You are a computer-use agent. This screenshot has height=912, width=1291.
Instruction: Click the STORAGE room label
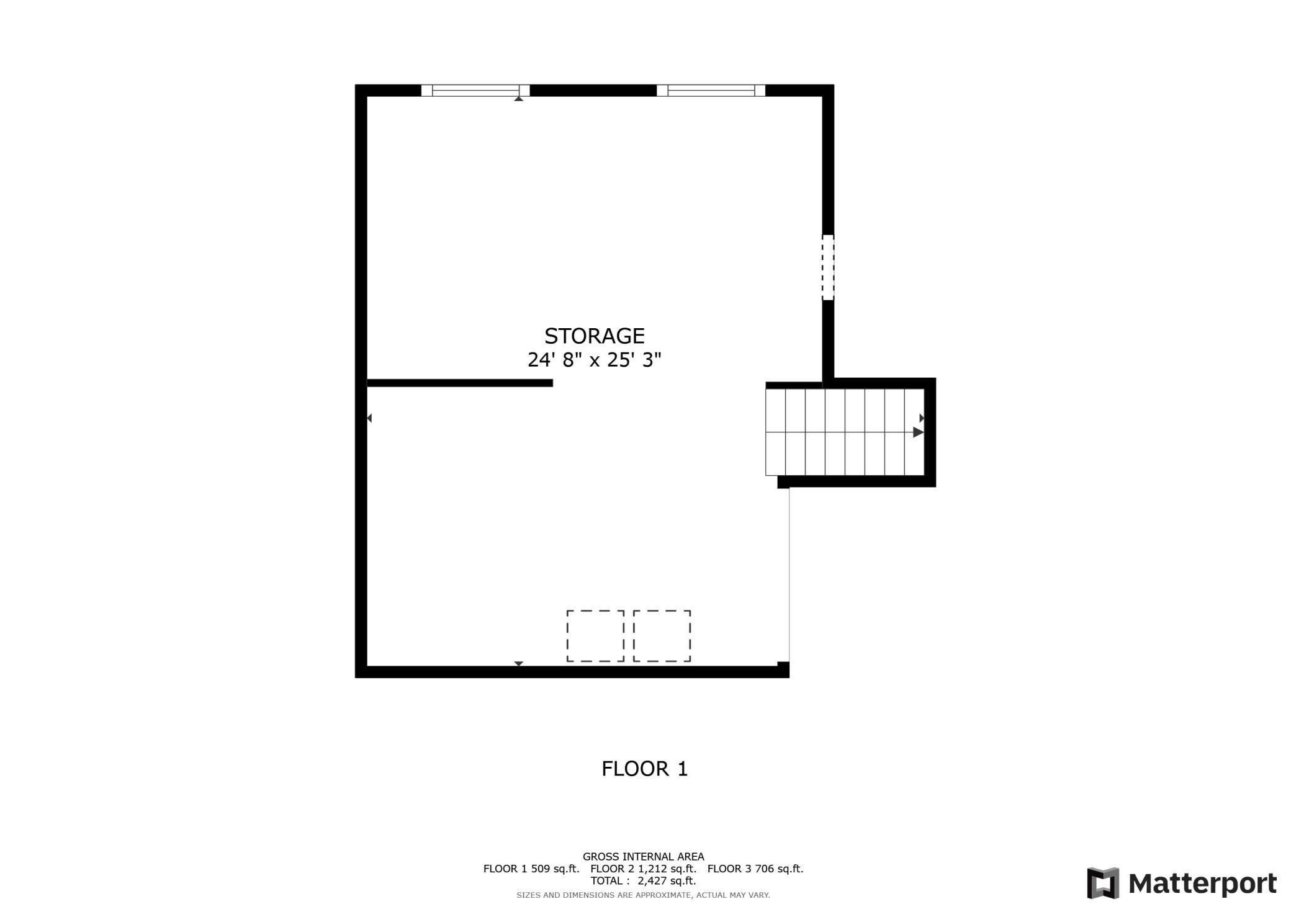pos(594,336)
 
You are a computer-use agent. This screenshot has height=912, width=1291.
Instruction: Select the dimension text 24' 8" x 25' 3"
pos(594,360)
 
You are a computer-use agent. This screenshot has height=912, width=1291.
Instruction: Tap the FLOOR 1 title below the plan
pos(644,769)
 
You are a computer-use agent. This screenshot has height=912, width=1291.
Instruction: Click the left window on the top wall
pos(475,91)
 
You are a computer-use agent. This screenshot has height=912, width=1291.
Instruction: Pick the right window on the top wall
pos(711,91)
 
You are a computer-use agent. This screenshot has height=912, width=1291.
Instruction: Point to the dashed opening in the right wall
pos(828,267)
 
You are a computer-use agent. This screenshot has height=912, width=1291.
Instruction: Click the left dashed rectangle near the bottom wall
pos(595,636)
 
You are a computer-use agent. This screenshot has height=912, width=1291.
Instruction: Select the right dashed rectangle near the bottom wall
pos(662,636)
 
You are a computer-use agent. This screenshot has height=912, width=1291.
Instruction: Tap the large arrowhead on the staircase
pos(918,432)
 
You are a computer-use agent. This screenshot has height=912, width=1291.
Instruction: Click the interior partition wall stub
pos(459,383)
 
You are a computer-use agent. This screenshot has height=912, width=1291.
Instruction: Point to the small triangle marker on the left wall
pos(369,418)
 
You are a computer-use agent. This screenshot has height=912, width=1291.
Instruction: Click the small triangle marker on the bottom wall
pos(518,663)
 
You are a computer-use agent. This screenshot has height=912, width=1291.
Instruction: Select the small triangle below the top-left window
pos(518,99)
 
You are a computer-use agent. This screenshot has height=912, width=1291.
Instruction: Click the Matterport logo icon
pos(1103,882)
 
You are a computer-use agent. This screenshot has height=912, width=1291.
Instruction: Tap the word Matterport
pos(1202,883)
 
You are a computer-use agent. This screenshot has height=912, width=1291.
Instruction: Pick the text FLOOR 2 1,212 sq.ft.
pos(643,869)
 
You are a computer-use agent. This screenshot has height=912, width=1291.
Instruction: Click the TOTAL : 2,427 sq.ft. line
pos(643,880)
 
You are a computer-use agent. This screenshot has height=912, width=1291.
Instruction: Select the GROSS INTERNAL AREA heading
pos(643,857)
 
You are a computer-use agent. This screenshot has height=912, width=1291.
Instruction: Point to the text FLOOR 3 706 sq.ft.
pos(755,869)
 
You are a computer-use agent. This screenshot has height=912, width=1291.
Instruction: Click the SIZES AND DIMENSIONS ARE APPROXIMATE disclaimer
pos(643,895)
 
